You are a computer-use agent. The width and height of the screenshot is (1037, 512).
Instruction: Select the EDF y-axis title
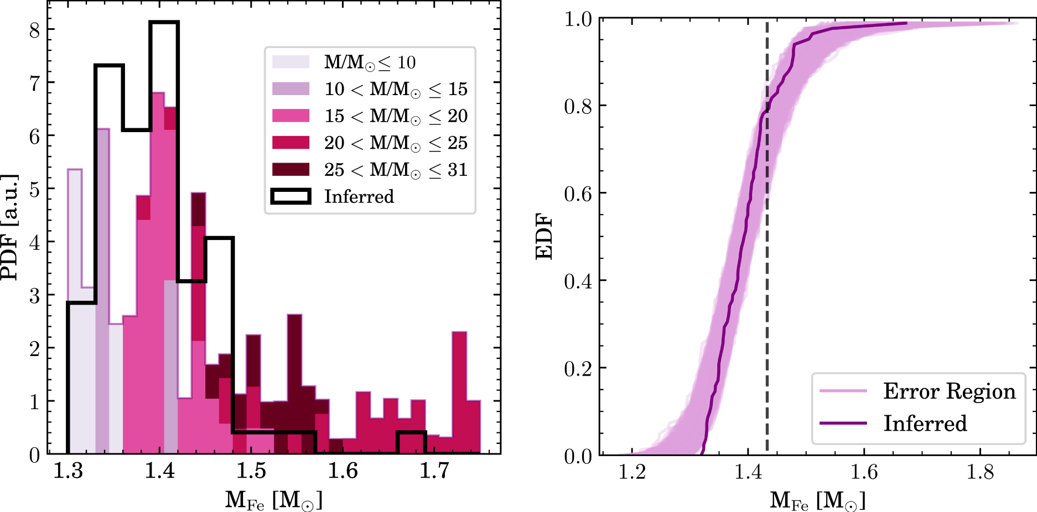(x=544, y=237)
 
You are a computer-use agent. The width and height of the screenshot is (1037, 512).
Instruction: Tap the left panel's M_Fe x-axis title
(x=273, y=499)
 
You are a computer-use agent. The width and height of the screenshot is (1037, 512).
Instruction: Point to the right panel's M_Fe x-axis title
(x=817, y=499)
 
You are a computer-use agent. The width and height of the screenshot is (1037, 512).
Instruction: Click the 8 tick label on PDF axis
(x=35, y=30)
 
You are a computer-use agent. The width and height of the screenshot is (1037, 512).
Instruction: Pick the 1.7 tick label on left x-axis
(x=434, y=471)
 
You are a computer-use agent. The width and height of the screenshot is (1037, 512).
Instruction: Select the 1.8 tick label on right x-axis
(x=979, y=472)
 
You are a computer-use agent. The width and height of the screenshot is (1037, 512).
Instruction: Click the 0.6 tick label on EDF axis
(x=578, y=194)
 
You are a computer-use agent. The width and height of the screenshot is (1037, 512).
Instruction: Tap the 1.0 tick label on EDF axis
(x=578, y=19)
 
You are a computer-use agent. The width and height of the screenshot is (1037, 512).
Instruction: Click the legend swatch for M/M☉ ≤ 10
(x=291, y=62)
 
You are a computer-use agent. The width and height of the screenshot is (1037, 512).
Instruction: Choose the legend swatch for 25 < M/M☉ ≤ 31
(x=291, y=169)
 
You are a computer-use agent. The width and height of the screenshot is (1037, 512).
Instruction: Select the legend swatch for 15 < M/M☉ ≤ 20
(x=291, y=116)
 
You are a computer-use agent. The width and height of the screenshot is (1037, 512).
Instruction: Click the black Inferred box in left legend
(x=291, y=196)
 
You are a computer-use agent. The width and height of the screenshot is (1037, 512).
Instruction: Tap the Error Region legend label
(x=949, y=391)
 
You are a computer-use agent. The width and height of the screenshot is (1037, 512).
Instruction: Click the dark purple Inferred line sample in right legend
(x=843, y=423)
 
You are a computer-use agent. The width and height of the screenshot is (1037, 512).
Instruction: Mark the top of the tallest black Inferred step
(x=164, y=23)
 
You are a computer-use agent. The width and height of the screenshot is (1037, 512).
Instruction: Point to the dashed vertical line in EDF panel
(x=767, y=276)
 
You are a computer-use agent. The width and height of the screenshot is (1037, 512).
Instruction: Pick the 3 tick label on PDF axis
(x=35, y=295)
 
